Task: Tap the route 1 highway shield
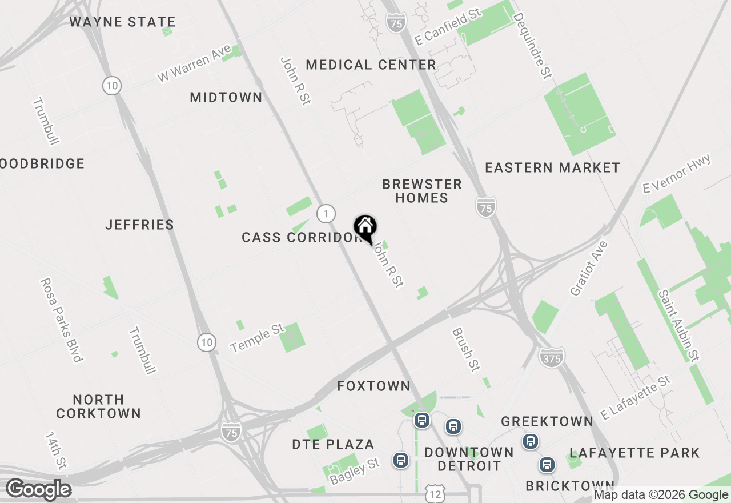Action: (x=326, y=214)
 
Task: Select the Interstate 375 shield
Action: (x=551, y=358)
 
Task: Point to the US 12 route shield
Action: (x=435, y=493)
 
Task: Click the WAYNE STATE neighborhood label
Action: (x=122, y=22)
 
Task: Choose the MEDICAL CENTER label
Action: (x=371, y=65)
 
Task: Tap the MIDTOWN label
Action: (x=226, y=98)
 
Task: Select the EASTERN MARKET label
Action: (x=552, y=168)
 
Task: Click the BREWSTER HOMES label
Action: (x=422, y=191)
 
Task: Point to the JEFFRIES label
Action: (x=140, y=225)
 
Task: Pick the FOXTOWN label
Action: (x=373, y=386)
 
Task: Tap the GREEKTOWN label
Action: (x=547, y=422)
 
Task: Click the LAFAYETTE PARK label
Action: (x=634, y=453)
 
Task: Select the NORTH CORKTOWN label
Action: (x=98, y=406)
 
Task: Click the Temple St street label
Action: (x=257, y=338)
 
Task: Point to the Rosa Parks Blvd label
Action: (x=61, y=320)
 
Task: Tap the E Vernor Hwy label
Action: (x=677, y=173)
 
